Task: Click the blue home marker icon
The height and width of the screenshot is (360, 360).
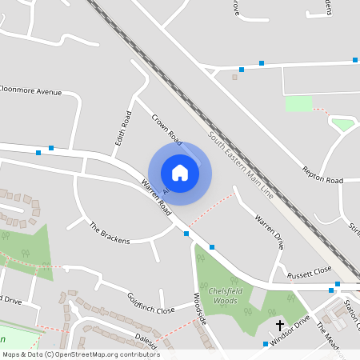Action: pyautogui.click(x=180, y=172)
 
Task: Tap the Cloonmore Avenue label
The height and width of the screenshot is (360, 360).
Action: pyautogui.click(x=30, y=91)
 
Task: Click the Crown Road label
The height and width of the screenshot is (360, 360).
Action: pyautogui.click(x=166, y=130)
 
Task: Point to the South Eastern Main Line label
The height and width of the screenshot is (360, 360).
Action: pyautogui.click(x=239, y=165)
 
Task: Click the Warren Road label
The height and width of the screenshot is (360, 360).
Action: pyautogui.click(x=156, y=197)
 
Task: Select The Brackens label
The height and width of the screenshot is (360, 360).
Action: pyautogui.click(x=109, y=233)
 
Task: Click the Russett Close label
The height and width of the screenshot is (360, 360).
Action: pyautogui.click(x=310, y=271)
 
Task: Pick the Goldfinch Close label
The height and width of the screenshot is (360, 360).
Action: pyautogui.click(x=150, y=303)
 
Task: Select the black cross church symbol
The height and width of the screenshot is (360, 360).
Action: pyautogui.click(x=280, y=325)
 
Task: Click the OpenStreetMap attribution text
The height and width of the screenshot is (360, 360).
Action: pyautogui.click(x=80, y=354)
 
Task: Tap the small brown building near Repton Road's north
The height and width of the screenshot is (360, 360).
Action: pyautogui.click(x=234, y=78)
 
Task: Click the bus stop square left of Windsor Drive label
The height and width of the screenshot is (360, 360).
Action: pyautogui.click(x=266, y=344)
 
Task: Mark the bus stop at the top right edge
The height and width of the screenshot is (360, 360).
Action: pyautogui.click(x=354, y=59)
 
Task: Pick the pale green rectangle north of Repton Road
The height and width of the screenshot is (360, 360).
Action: pyautogui.click(x=298, y=103)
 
